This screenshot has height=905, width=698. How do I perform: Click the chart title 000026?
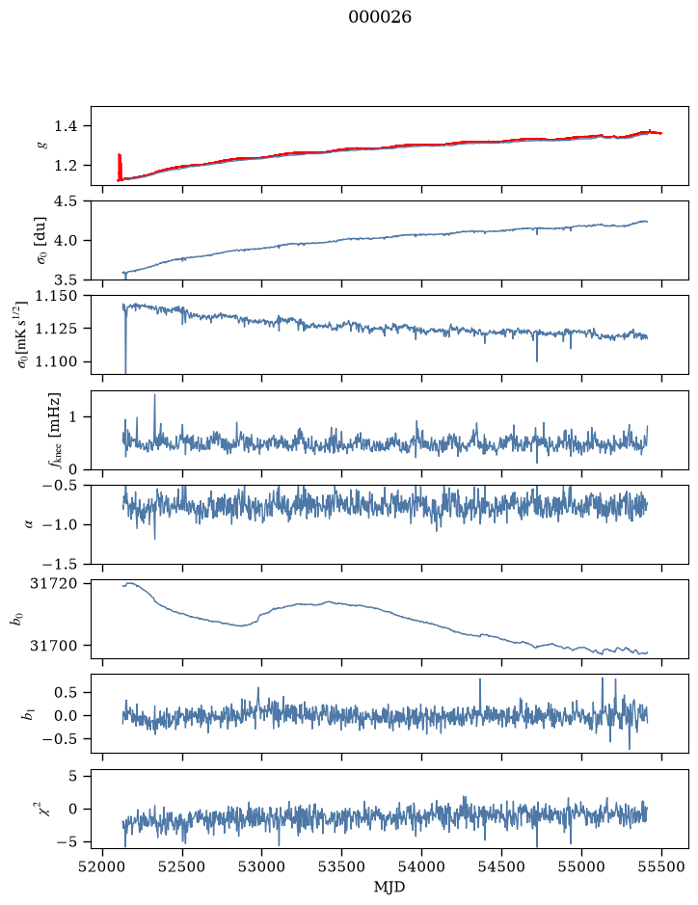coord(380,17)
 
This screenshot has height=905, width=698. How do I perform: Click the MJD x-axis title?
coord(389,887)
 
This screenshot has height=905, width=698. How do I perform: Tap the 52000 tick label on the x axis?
coord(103,867)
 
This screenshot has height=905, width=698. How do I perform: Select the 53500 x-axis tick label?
coord(342,867)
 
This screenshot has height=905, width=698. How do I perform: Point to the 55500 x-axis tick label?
coord(661,867)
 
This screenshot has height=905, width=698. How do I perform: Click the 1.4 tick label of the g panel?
coord(66,126)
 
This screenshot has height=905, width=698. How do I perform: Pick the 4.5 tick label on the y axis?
coord(66,201)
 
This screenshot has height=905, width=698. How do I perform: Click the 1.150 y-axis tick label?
coord(55,296)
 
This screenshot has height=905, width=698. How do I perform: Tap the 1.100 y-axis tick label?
coord(55,361)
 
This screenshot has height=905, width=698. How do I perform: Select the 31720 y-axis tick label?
coord(53,583)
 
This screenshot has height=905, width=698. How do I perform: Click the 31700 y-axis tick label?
coord(53,646)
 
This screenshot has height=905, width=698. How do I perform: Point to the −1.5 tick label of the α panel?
coord(59,564)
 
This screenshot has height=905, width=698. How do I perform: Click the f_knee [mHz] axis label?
coord(55,430)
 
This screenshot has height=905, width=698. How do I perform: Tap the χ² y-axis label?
coord(44,808)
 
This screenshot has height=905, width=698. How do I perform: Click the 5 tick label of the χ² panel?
coord(72,776)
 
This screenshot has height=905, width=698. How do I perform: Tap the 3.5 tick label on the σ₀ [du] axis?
coord(66,279)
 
